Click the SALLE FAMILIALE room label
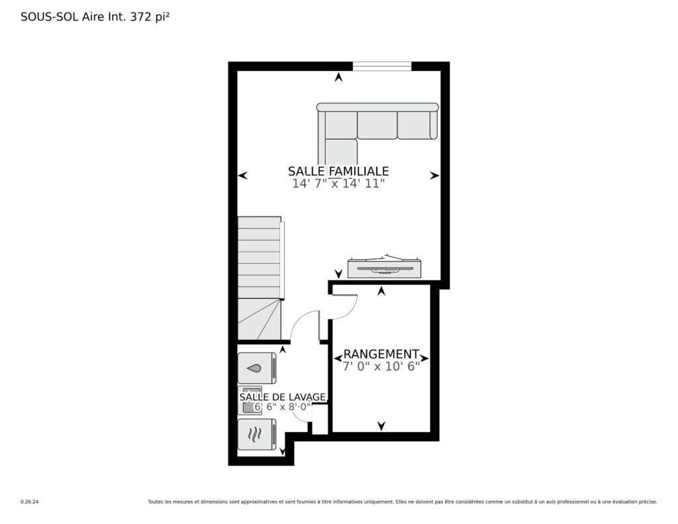tap(338, 171)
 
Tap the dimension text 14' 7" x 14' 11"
tap(338, 183)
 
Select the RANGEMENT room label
tap(381, 354)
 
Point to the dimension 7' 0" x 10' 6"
tap(381, 366)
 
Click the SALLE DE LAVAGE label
tap(282, 397)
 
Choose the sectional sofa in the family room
tap(377, 125)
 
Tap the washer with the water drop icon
tap(257, 368)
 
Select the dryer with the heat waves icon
tap(257, 435)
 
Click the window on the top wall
tap(382, 66)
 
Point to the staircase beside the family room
tap(260, 278)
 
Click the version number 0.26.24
tap(29, 502)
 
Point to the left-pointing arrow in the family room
tap(242, 176)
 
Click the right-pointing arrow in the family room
tap(434, 176)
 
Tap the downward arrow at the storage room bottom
tap(381, 426)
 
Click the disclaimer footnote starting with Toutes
tap(403, 502)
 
